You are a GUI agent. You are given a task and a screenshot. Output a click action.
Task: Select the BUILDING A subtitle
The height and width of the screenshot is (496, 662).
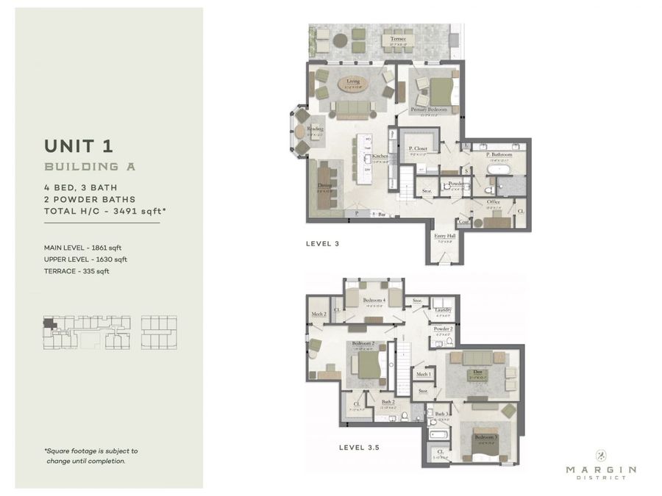coord(90,167)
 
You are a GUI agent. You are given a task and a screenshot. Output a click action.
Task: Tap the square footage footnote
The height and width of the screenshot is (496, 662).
coord(90,456)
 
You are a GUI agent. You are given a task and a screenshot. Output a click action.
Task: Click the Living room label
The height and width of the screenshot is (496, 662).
coord(354,82)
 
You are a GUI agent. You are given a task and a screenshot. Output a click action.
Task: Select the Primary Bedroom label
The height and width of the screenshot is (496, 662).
coord(434,109)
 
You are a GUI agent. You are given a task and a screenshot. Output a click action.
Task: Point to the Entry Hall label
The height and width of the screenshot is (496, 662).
coord(446,236)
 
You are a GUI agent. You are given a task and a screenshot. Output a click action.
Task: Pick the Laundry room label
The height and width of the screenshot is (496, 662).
coord(442,310)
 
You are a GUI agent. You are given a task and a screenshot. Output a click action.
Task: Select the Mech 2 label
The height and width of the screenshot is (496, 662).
coord(320,314)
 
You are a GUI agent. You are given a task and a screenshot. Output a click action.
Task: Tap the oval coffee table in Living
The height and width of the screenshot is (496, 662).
coord(354,85)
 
